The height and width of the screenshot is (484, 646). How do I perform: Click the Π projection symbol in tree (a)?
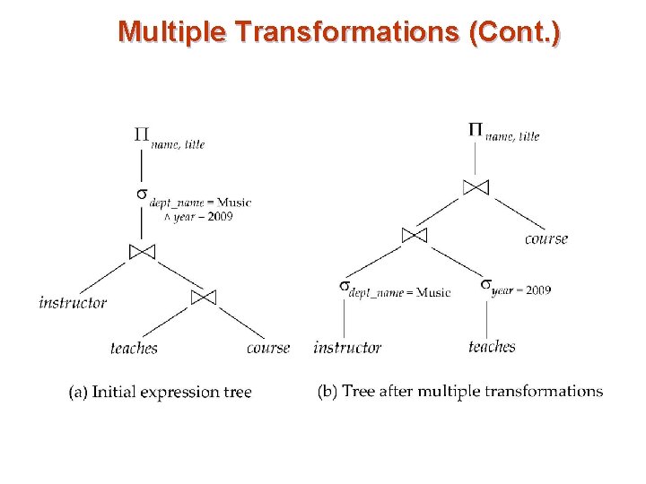(x=142, y=135)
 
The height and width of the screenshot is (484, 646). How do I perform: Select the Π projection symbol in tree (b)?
(x=476, y=129)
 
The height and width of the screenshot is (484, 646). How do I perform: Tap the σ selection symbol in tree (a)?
(x=141, y=194)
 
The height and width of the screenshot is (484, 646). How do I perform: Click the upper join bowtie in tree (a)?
(x=142, y=252)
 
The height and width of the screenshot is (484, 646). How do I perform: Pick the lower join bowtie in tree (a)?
(x=204, y=297)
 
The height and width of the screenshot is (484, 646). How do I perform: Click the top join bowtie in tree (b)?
(x=476, y=187)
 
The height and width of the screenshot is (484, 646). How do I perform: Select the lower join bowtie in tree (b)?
(x=414, y=235)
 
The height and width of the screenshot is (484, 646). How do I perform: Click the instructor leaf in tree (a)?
(x=73, y=302)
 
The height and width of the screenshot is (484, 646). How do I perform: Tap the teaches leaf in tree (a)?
(x=134, y=348)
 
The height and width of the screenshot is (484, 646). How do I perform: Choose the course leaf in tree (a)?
(x=268, y=348)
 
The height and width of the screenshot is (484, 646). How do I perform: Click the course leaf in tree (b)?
(x=546, y=238)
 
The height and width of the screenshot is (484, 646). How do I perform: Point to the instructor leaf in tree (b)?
(x=347, y=348)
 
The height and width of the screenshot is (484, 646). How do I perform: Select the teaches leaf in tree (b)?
(x=492, y=347)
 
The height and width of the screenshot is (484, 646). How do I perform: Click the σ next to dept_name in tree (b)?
(x=344, y=285)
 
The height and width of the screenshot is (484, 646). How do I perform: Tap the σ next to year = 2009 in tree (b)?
(x=485, y=284)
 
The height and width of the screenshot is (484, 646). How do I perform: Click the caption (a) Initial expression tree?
(x=161, y=392)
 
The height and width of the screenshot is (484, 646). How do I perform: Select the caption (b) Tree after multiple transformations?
(x=460, y=392)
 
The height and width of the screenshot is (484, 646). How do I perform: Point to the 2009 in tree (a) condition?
(x=219, y=217)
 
